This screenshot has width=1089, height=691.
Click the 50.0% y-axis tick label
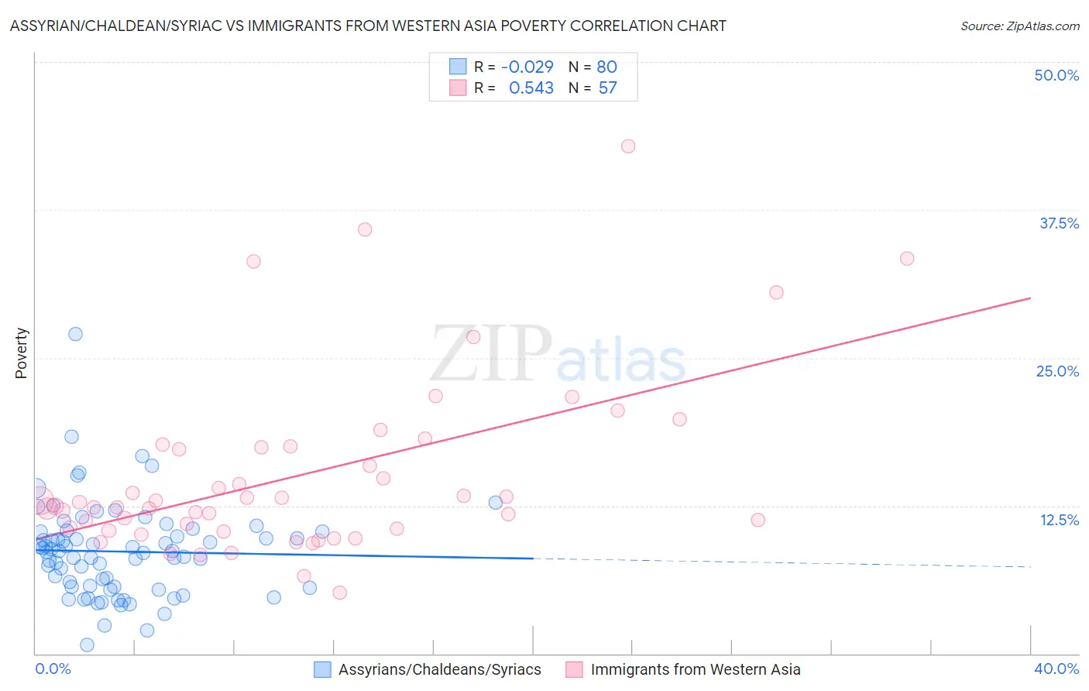[x=1056, y=75]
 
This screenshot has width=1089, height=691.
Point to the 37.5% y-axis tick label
[x=1058, y=223]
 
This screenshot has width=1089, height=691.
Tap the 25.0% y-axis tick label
[x=1057, y=371]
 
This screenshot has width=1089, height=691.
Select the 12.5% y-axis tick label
[x=1059, y=520]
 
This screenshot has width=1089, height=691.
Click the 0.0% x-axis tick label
[x=53, y=669]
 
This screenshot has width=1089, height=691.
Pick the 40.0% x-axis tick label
[x=1056, y=669]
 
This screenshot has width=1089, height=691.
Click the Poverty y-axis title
[x=21, y=353]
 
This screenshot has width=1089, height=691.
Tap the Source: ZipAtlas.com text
[x=1019, y=26]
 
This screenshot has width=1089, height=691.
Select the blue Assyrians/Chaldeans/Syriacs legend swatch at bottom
[x=322, y=669]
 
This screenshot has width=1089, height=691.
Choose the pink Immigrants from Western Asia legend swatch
[x=574, y=669]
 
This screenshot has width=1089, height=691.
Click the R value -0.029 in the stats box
[x=527, y=67]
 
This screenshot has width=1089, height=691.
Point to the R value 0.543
[x=531, y=88]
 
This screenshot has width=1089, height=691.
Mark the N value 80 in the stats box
[x=606, y=67]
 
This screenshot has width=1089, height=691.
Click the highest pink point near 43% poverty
[x=628, y=146]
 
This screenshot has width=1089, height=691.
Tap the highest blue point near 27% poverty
[x=75, y=334]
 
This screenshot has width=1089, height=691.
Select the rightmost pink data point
[x=907, y=259]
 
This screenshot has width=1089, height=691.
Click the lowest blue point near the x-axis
[x=87, y=645]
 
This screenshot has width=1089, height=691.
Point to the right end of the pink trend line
[x=1030, y=297]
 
